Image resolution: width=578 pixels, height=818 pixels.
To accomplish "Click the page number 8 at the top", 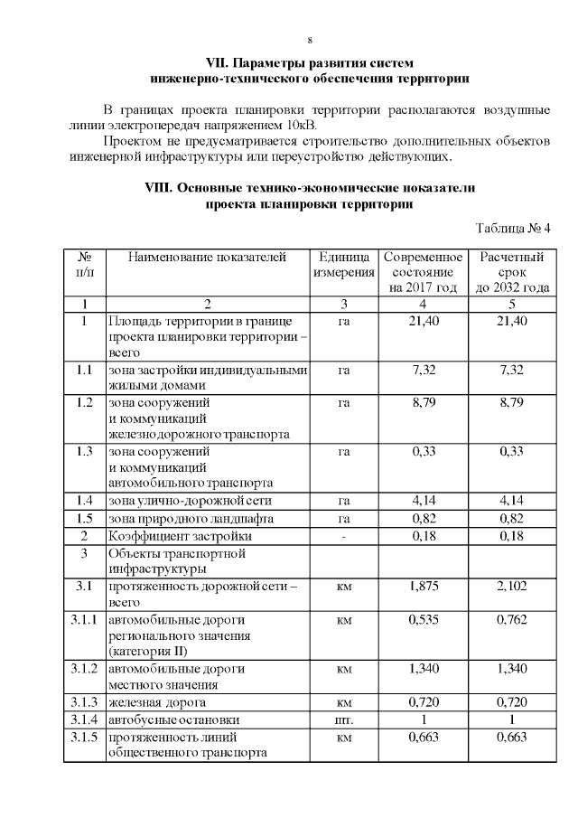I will pos(310,41).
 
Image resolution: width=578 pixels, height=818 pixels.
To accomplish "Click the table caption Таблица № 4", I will pos(512,227).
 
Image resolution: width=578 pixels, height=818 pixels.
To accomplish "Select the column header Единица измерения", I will pos(343,265).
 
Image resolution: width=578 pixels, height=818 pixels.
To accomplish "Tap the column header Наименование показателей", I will pos(207,258).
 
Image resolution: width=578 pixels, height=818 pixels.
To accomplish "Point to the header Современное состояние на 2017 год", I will pos(423,272).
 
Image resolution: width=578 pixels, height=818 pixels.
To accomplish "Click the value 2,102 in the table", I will pos(511,587).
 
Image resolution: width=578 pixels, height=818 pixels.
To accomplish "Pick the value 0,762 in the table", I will pos(511,621).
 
